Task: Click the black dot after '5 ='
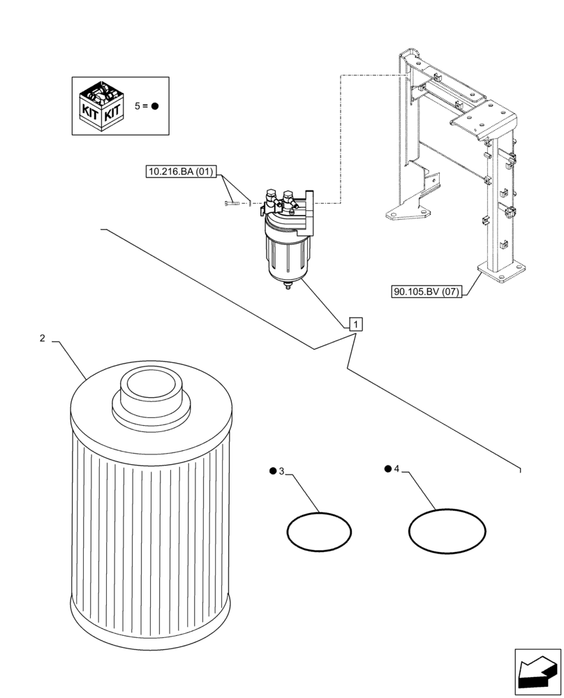tap(155, 106)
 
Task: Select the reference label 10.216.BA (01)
tap(182, 171)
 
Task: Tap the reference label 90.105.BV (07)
tap(426, 292)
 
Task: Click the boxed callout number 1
tap(355, 324)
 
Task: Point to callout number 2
tap(42, 339)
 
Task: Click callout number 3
tap(281, 472)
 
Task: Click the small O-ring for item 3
tap(319, 533)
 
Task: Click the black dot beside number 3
tap(272, 471)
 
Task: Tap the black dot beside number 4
tap(387, 468)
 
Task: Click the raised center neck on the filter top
tap(151, 391)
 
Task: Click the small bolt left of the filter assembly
tap(232, 202)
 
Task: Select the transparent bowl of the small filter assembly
tap(284, 254)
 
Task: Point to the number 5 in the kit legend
tap(138, 106)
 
